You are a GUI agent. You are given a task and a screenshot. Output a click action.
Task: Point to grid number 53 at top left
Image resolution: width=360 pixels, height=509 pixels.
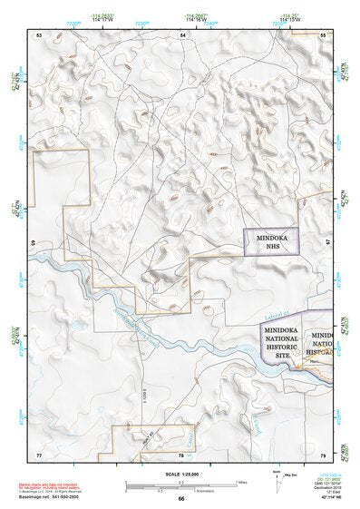[x=39, y=34]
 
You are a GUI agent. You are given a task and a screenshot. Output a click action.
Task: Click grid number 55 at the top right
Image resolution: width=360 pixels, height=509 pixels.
[x=323, y=34]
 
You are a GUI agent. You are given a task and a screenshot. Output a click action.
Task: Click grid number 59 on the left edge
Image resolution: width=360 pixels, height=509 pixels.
[x=35, y=243]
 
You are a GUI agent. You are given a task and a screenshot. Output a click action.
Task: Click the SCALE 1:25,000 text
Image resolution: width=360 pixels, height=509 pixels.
[x=181, y=474]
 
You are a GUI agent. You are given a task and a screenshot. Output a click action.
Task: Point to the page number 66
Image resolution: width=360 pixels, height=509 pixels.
[x=181, y=498]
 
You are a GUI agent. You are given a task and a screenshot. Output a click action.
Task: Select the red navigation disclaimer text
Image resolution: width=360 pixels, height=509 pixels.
[x=50, y=485]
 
